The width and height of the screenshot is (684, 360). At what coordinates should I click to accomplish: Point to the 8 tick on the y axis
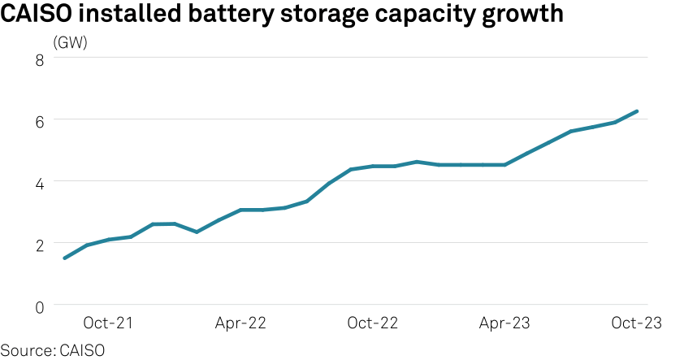(x=37, y=59)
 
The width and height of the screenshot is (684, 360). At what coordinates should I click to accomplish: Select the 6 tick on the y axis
(x=37, y=120)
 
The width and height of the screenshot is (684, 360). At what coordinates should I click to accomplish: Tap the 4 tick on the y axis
(x=37, y=182)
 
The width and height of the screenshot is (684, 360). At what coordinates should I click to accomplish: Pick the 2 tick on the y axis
(x=37, y=243)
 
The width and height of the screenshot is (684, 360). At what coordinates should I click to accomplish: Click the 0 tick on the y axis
(x=37, y=306)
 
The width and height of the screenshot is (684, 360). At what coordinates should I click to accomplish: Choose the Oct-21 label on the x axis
(x=109, y=323)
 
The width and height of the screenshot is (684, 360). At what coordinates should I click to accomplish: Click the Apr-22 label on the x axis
(x=240, y=323)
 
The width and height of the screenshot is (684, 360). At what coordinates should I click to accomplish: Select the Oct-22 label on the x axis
(x=373, y=323)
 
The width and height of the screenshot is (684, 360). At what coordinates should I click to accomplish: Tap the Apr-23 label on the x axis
(x=504, y=323)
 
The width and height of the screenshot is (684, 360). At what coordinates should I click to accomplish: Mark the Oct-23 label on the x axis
(x=637, y=323)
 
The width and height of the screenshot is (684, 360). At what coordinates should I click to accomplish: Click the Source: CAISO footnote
(x=53, y=350)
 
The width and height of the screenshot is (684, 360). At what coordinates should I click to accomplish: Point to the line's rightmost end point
(x=637, y=111)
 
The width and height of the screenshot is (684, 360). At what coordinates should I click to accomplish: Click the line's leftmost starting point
(x=64, y=258)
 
